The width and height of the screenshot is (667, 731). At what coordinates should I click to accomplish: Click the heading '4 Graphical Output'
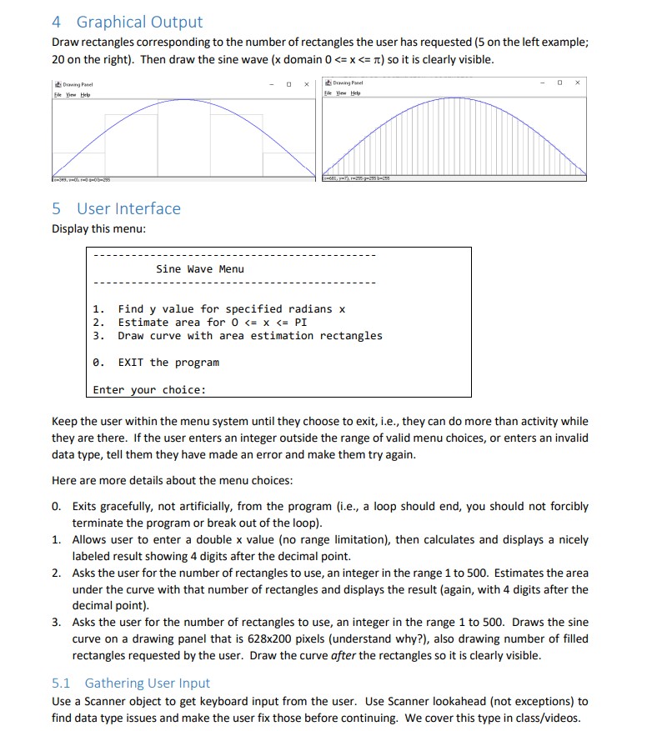127,22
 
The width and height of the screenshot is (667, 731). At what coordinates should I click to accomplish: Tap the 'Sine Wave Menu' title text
200,268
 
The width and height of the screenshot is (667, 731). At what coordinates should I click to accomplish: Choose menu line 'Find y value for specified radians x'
231,309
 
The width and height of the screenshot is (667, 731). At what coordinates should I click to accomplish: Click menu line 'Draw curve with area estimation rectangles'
249,336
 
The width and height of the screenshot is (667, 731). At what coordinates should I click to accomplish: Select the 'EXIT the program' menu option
168,363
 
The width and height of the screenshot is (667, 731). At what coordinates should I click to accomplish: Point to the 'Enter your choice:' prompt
149,389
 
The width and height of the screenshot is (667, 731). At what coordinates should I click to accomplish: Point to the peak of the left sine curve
184,98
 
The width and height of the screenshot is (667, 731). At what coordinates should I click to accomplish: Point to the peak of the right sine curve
454,98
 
